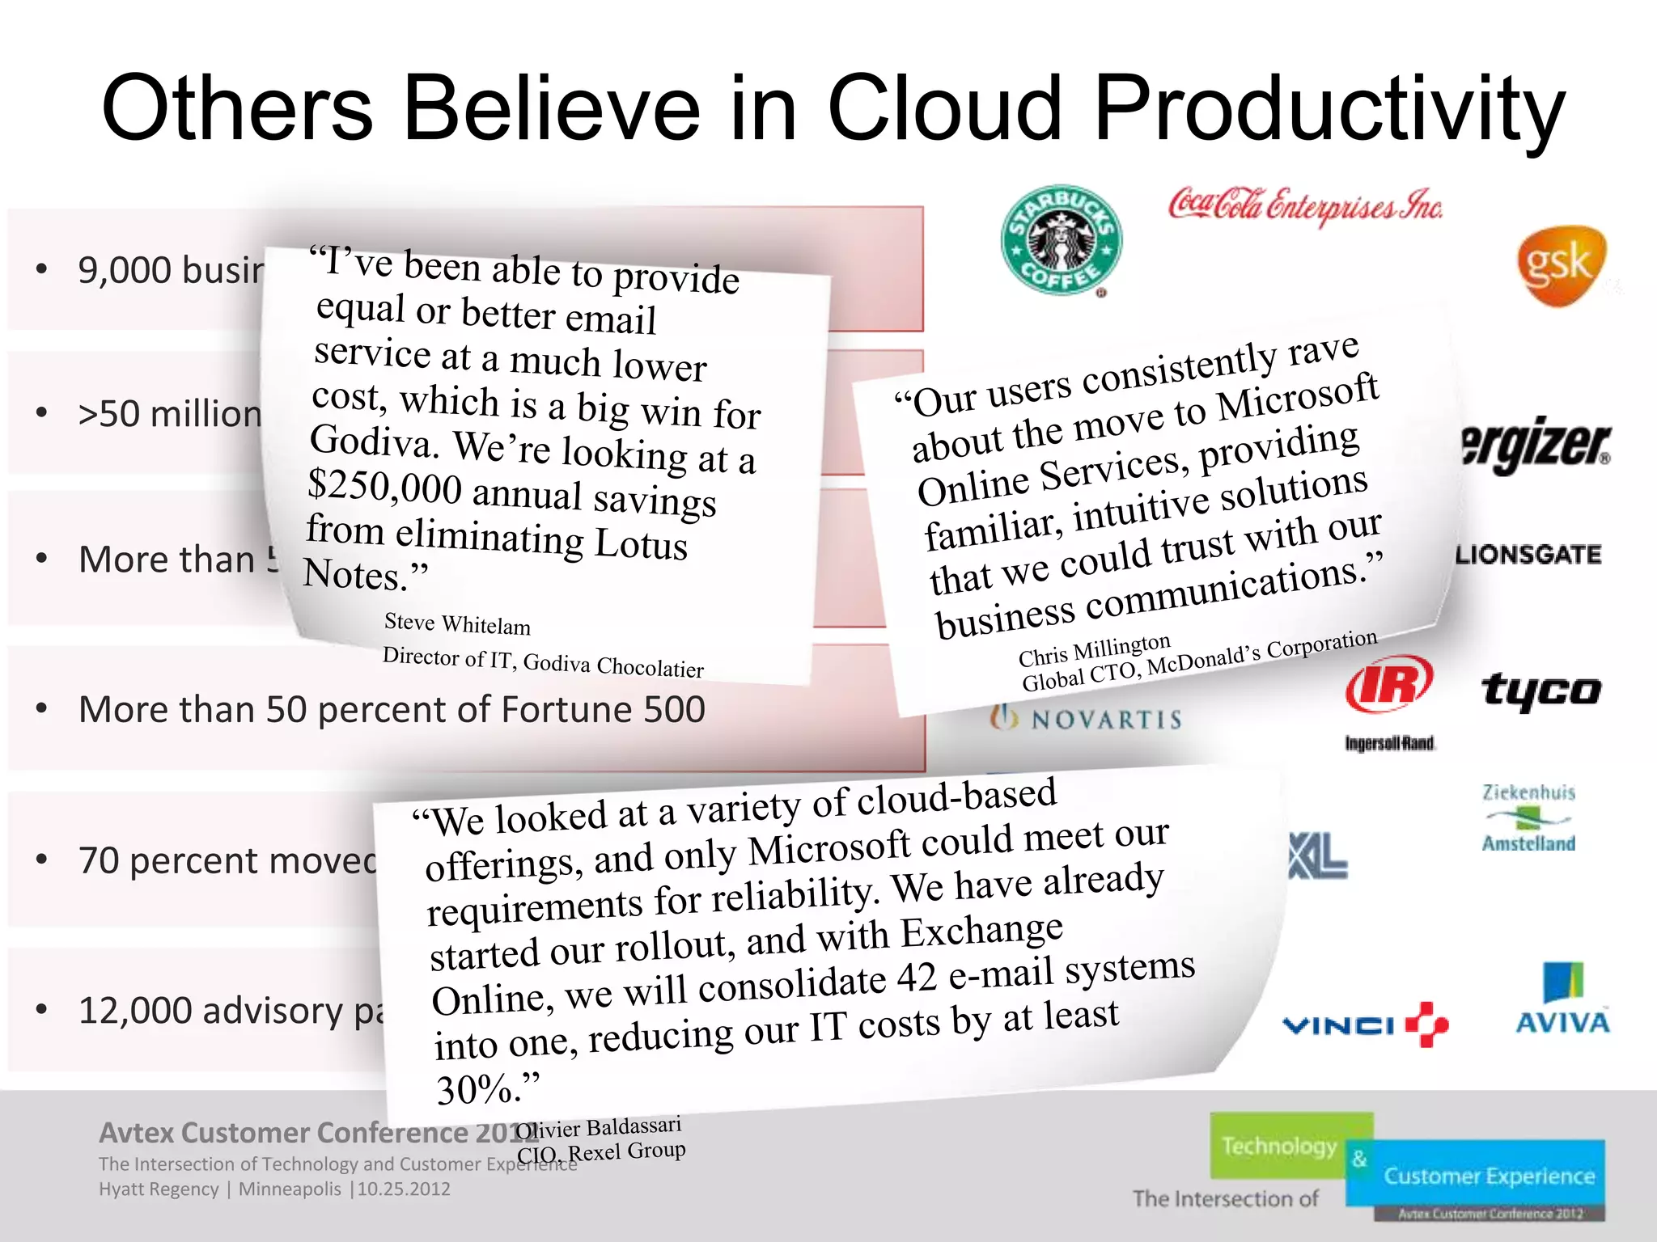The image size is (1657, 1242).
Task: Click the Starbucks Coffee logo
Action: (x=1061, y=240)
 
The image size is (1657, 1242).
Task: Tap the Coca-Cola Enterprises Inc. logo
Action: (x=1304, y=205)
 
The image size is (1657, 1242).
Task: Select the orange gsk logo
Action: (x=1560, y=266)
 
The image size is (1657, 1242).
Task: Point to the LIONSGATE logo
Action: (x=1528, y=555)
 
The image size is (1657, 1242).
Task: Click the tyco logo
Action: (x=1541, y=691)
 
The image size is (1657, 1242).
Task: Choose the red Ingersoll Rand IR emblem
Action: (x=1388, y=683)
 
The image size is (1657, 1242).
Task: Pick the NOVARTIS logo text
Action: (x=1088, y=719)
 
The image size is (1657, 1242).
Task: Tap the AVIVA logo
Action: (x=1562, y=1000)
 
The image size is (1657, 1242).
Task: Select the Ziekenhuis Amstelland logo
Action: (x=1528, y=817)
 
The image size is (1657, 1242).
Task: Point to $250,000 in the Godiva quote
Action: (x=385, y=487)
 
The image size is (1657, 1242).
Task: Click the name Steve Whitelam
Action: (x=457, y=623)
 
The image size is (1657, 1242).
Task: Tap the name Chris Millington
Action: (x=1094, y=648)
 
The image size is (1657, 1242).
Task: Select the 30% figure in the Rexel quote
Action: (x=478, y=1089)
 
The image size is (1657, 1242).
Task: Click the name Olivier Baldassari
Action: (x=599, y=1127)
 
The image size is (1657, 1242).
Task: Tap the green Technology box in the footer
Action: (x=1279, y=1146)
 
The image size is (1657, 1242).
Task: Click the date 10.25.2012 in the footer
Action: (x=404, y=1189)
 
